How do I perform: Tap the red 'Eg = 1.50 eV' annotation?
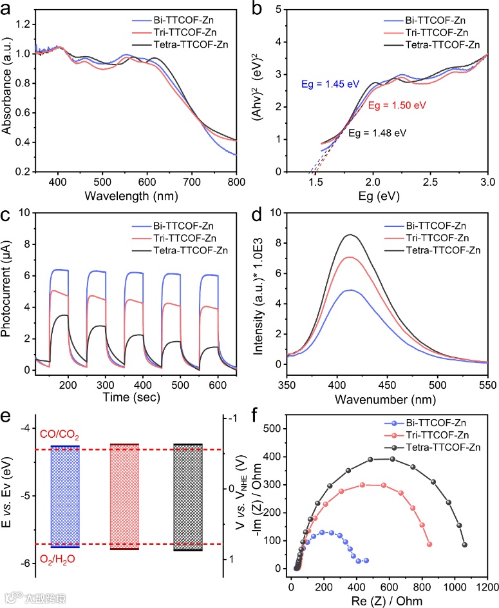pyautogui.click(x=398, y=104)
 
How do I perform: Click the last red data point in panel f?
pyautogui.click(x=429, y=544)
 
